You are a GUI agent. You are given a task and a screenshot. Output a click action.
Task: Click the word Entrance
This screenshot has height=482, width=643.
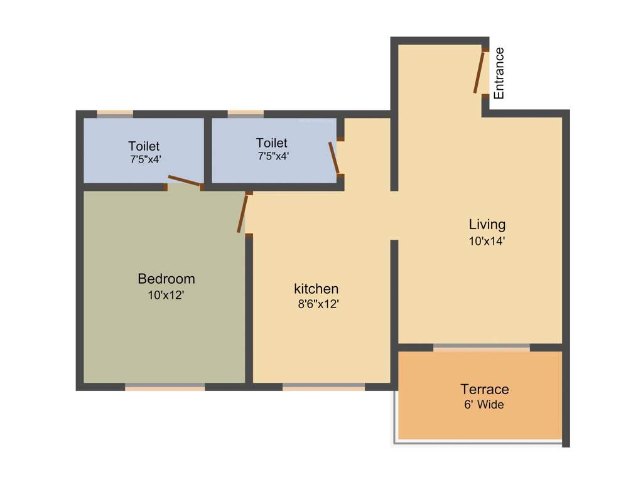pyautogui.click(x=499, y=73)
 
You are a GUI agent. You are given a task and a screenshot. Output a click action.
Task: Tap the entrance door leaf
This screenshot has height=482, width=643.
pyautogui.click(x=480, y=72)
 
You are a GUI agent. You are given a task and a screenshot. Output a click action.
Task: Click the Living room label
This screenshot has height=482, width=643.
pyautogui.click(x=487, y=224)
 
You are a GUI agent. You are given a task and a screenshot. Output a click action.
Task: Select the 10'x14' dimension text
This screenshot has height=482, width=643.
pyautogui.click(x=487, y=240)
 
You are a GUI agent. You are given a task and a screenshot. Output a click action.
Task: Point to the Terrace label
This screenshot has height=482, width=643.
pyautogui.click(x=484, y=389)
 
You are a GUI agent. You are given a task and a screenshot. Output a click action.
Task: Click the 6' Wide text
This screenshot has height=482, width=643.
pyautogui.click(x=484, y=405)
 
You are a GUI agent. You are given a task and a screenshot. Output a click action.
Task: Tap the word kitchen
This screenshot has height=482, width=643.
pyautogui.click(x=316, y=289)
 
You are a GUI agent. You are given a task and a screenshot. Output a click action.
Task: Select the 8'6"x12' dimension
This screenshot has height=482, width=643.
pyautogui.click(x=319, y=304)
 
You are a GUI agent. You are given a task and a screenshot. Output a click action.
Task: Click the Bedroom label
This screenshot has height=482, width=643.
pyautogui.click(x=166, y=278)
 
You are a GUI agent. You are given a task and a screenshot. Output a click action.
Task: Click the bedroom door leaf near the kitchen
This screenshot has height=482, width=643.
pyautogui.click(x=242, y=213)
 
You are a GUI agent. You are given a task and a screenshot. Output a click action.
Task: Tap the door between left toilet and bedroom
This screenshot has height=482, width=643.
pyautogui.click(x=184, y=181)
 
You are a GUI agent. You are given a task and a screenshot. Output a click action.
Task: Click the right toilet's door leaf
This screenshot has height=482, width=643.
pyautogui.click(x=334, y=158)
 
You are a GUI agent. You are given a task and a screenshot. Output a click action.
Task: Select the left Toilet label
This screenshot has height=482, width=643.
pyautogui.click(x=144, y=146)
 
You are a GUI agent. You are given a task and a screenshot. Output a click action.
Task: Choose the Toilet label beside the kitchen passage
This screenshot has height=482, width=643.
pyautogui.click(x=272, y=143)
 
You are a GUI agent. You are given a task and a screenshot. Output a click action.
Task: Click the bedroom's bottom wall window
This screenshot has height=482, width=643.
pyautogui.click(x=165, y=387)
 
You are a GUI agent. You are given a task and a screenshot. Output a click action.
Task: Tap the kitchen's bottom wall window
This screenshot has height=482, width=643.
pyautogui.click(x=323, y=387)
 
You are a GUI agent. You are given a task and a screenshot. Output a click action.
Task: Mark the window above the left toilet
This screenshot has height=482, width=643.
pyautogui.click(x=115, y=114)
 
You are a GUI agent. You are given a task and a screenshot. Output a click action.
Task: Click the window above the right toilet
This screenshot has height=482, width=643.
pyautogui.click(x=246, y=114)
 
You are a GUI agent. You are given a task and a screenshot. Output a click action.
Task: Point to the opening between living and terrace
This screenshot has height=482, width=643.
pyautogui.click(x=482, y=347)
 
